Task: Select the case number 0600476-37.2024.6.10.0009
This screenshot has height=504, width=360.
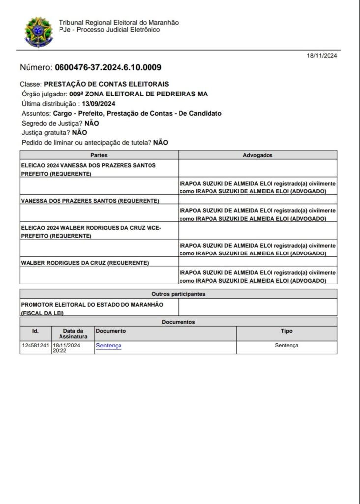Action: [x=108, y=67]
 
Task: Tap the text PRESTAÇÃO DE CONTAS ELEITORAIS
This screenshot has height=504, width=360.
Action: [x=106, y=84]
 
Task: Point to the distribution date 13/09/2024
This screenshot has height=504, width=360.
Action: [x=98, y=103]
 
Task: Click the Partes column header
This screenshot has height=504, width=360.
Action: [x=99, y=155]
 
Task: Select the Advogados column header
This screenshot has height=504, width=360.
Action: [x=258, y=155]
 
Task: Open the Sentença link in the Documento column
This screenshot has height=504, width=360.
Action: [x=109, y=346]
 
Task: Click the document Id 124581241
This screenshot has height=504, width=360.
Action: [x=35, y=346]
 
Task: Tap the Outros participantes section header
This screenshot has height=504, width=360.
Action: [x=179, y=294]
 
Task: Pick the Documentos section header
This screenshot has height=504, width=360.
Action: [x=179, y=322]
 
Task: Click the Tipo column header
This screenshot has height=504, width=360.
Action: [x=286, y=331]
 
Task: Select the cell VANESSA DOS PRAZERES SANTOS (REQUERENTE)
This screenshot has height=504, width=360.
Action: [x=90, y=201]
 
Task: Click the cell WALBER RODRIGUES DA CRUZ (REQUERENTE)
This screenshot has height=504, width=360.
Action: [x=85, y=263]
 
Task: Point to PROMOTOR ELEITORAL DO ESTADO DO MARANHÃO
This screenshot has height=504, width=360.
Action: [x=92, y=304]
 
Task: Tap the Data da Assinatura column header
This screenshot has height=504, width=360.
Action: [x=73, y=334]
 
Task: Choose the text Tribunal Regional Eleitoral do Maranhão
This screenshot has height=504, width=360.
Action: [x=119, y=23]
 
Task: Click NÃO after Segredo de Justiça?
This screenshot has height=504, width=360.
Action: [x=91, y=123]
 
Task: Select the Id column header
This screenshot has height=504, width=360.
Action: [x=35, y=331]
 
